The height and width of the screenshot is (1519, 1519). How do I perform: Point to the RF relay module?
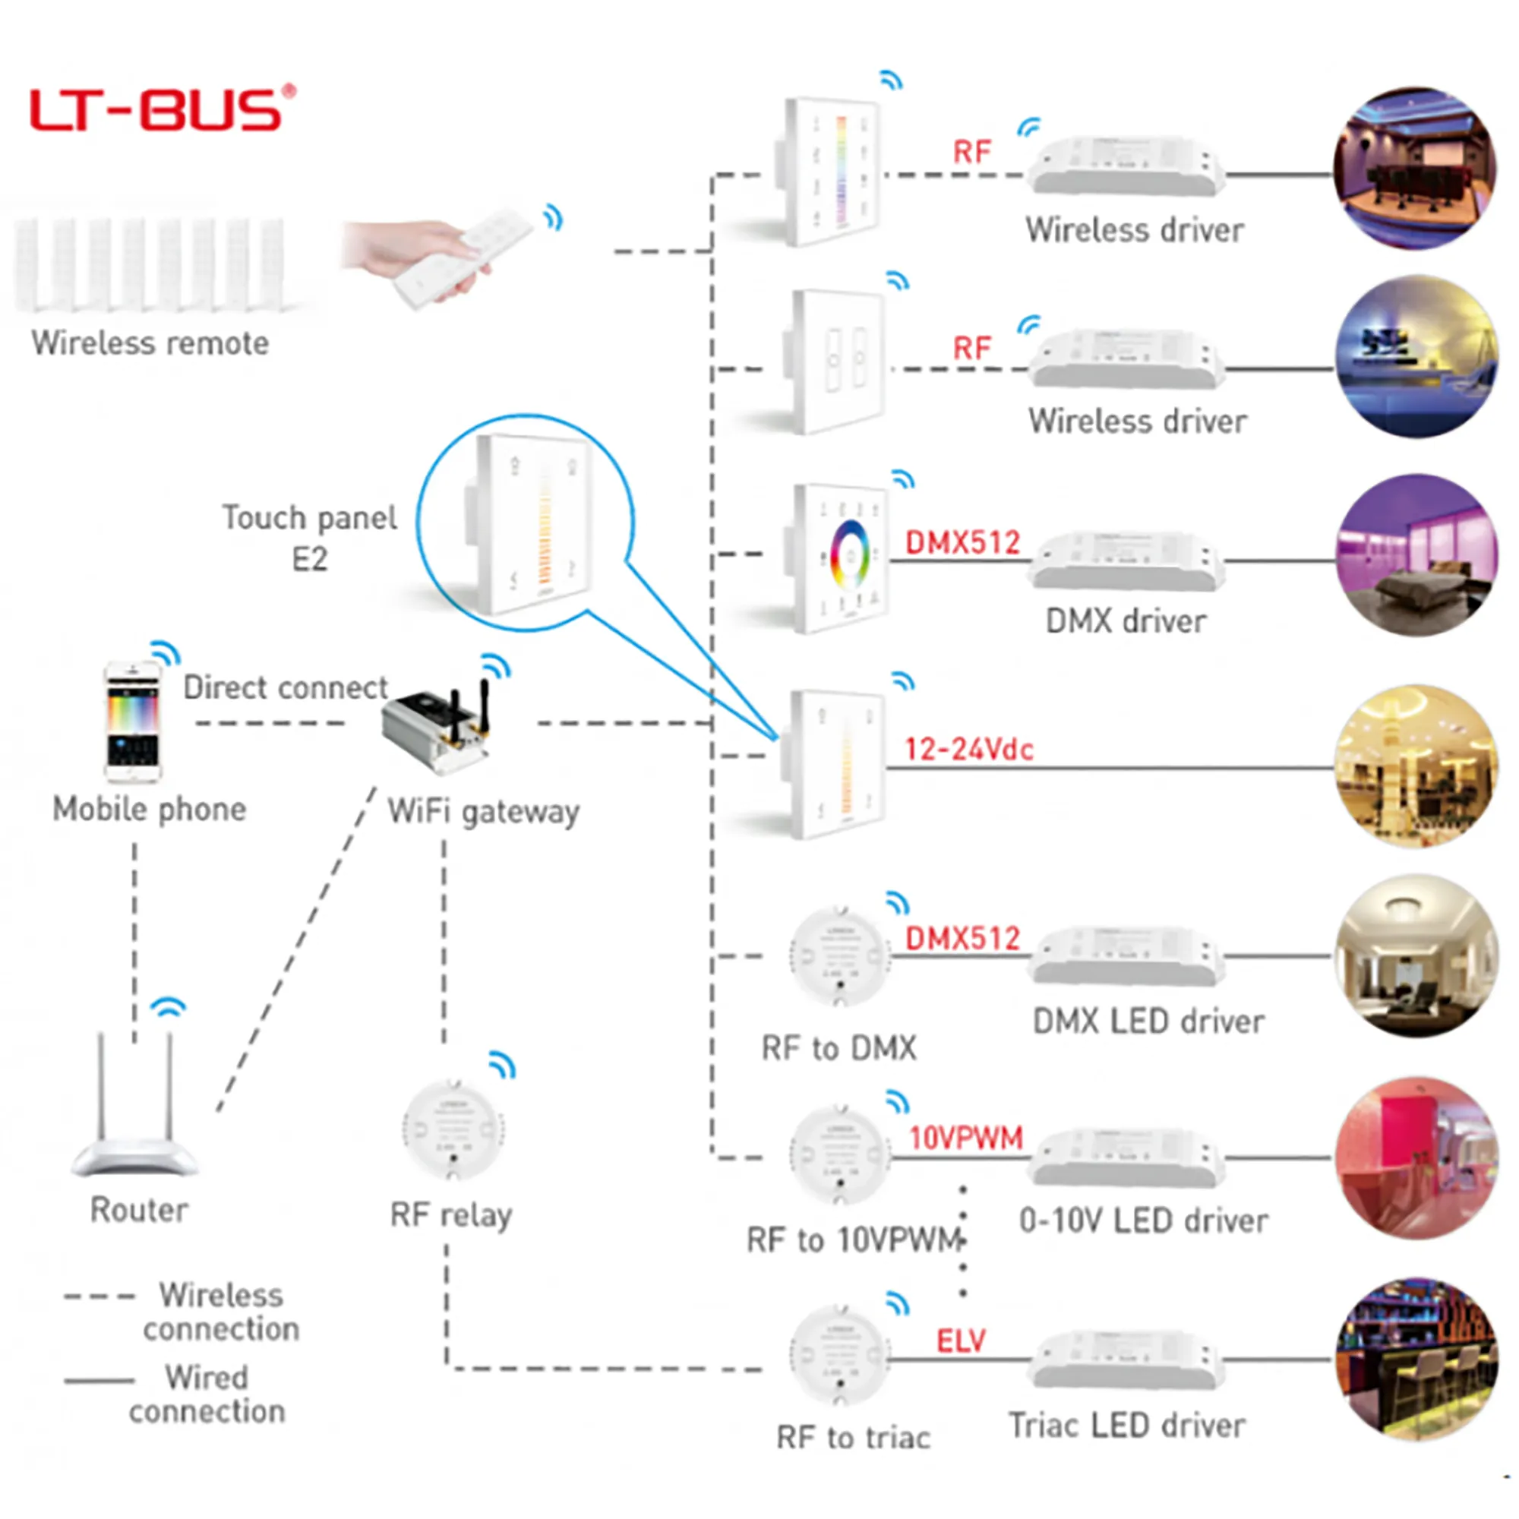point(453,1130)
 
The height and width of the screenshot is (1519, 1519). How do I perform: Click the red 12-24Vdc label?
point(968,750)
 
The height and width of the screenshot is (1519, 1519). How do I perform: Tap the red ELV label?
point(960,1341)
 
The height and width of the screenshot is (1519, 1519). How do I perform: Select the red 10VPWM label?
point(965,1138)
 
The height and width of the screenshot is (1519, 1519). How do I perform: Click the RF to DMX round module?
point(840,956)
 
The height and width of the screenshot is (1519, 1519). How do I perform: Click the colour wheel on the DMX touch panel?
point(850,557)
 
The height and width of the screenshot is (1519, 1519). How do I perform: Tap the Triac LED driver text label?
point(1126,1426)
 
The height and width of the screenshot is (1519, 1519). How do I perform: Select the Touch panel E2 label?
point(310,538)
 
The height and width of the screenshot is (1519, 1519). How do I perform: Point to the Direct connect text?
point(286,688)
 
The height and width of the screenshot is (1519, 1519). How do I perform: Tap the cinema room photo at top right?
point(1415,169)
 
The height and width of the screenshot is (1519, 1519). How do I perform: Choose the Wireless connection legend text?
point(221,1312)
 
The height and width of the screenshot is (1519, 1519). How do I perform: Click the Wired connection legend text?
point(207,1394)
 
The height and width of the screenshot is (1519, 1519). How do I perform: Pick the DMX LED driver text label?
point(1148,1022)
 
